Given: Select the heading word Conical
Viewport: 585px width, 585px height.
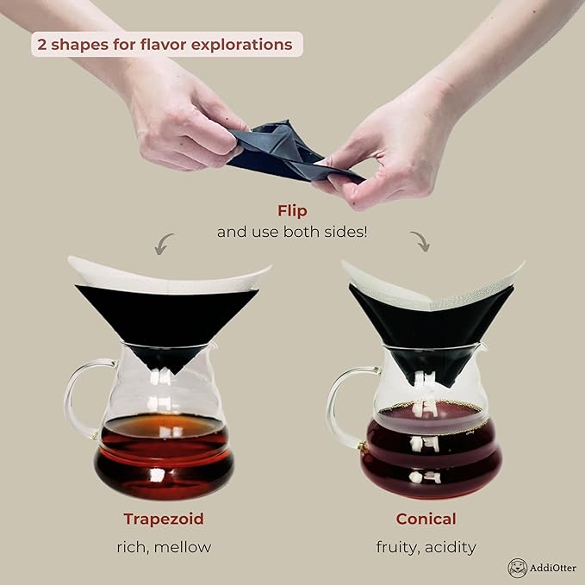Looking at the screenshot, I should pyautogui.click(x=426, y=519).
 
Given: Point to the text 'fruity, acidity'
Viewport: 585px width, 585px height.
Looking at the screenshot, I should pyautogui.click(x=426, y=546).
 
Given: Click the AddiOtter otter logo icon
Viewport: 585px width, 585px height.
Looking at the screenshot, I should pyautogui.click(x=517, y=568).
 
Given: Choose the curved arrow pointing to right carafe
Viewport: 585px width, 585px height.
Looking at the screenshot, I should pyautogui.click(x=421, y=241).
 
